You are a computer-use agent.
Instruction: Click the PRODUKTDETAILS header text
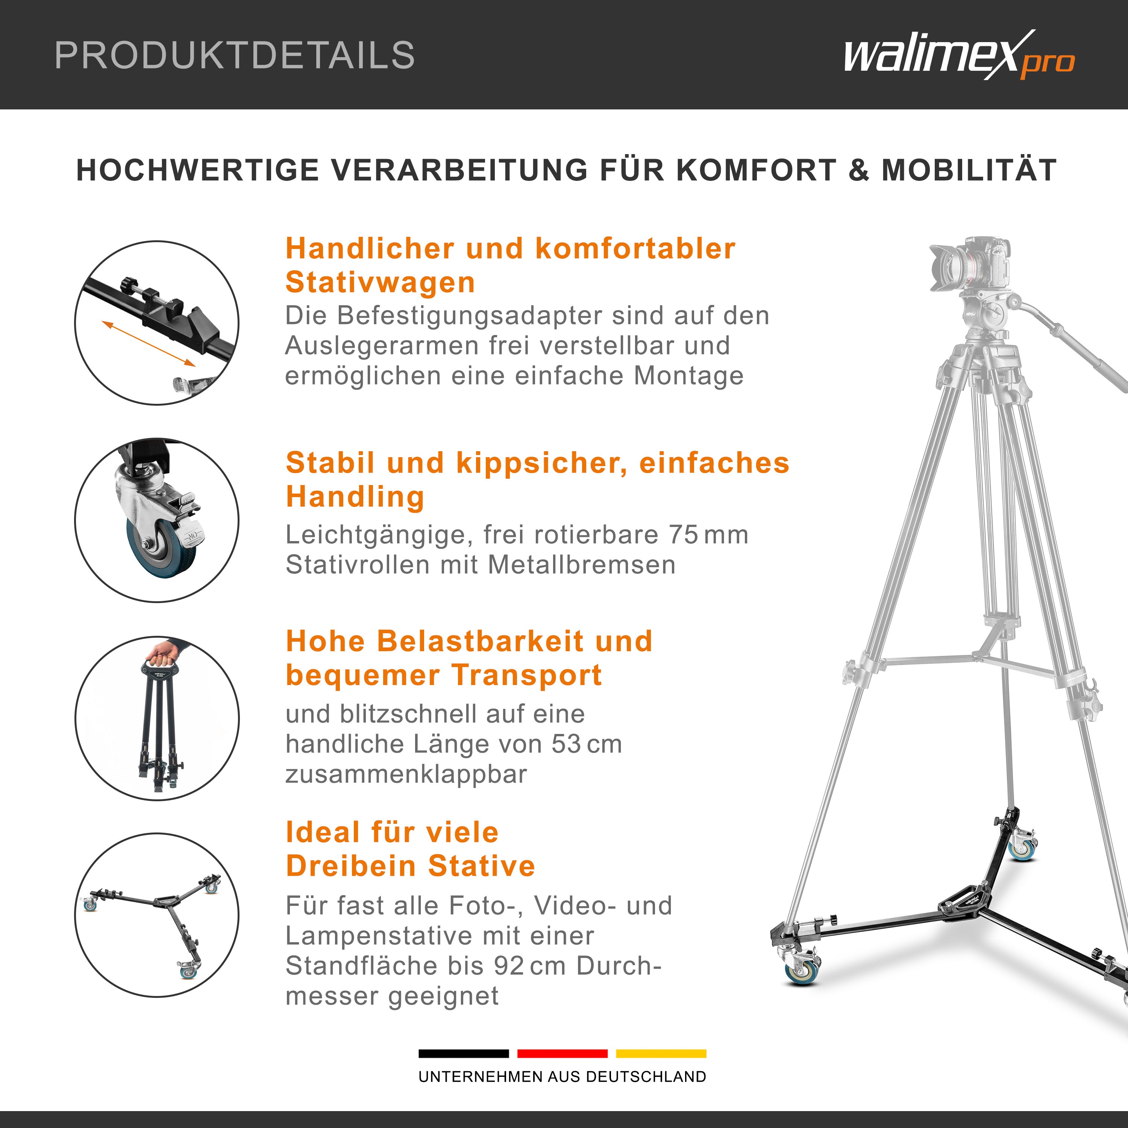tap(234, 56)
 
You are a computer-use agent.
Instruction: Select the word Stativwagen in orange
tap(380, 283)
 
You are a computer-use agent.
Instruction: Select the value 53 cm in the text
tap(587, 744)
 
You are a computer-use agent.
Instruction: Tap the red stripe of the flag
tap(562, 1054)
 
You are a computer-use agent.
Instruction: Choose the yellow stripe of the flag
tap(661, 1054)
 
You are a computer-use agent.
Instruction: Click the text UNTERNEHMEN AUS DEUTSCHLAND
tap(562, 1076)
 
